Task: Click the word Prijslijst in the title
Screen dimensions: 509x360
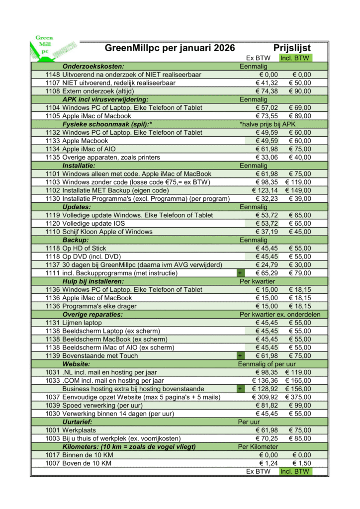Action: pyautogui.click(x=292, y=48)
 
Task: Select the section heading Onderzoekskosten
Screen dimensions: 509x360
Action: pyautogui.click(x=93, y=66)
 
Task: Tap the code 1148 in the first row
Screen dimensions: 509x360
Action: pyautogui.click(x=52, y=75)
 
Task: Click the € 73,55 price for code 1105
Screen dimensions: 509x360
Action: pyautogui.click(x=267, y=116)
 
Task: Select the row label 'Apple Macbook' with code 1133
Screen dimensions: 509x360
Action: pyautogui.click(x=85, y=141)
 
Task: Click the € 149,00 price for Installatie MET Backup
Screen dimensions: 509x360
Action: pyautogui.click(x=298, y=190)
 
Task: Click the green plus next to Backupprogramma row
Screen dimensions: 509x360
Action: pyautogui.click(x=240, y=273)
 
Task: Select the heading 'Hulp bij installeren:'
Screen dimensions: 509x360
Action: pyautogui.click(x=93, y=281)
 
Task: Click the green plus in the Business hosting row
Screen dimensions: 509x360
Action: pyautogui.click(x=240, y=389)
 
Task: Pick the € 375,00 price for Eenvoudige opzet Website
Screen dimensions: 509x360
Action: pyautogui.click(x=298, y=397)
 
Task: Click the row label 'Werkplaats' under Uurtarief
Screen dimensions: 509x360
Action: pyautogui.click(x=79, y=430)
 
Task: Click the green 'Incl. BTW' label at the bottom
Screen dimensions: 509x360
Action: pyautogui.click(x=295, y=471)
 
